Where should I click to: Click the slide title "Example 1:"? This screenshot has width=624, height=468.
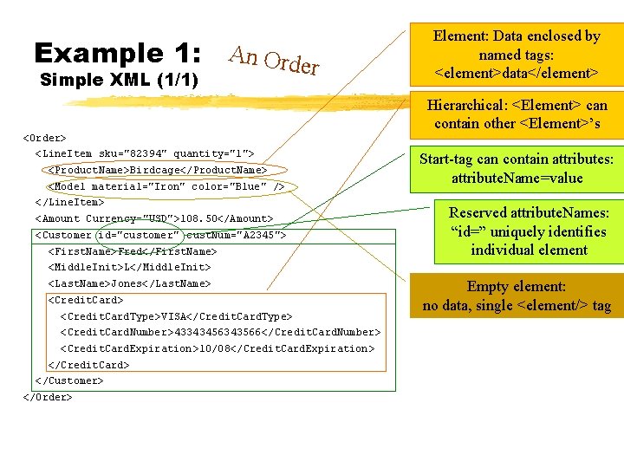click(117, 53)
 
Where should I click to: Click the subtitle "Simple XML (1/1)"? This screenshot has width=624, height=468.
click(120, 81)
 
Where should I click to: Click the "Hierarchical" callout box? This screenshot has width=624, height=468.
click(517, 114)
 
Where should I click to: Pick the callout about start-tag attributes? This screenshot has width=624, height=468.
click(517, 169)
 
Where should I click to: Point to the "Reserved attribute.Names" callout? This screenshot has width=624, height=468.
click(529, 231)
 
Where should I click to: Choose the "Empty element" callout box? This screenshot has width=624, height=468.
click(517, 296)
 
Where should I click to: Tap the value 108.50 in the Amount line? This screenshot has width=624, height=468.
click(199, 218)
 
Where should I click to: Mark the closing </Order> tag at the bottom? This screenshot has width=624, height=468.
click(48, 397)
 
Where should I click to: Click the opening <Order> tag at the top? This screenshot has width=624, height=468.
click(45, 137)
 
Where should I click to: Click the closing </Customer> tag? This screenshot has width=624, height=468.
click(68, 380)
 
